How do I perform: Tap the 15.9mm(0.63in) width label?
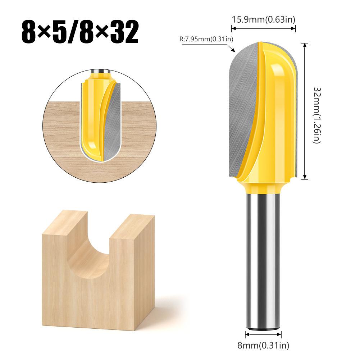click(263, 19)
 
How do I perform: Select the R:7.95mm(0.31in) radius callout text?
click(205, 39)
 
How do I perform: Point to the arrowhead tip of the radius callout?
click(234, 51)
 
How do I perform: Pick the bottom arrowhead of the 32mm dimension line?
click(305, 177)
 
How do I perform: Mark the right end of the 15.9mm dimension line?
click(295, 29)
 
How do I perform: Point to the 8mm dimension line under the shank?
click(263, 333)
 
